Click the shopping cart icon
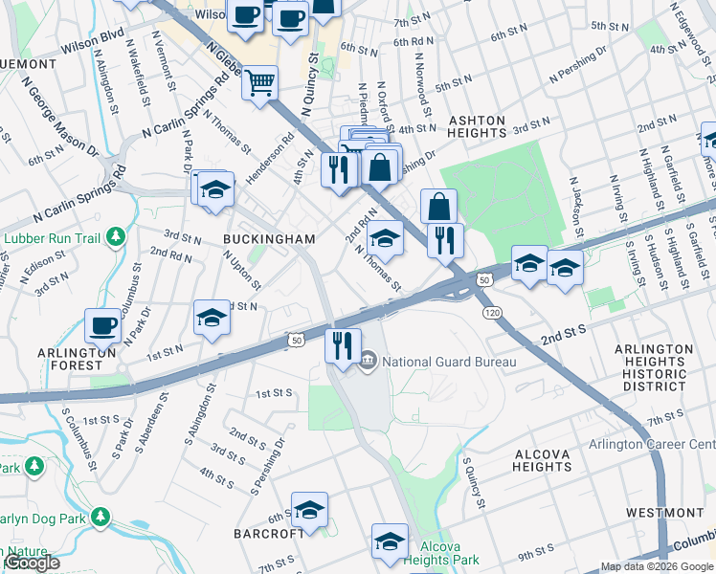259,83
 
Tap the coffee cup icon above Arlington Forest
102,325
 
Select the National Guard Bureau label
449,362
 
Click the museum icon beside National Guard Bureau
369,362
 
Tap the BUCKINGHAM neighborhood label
269,238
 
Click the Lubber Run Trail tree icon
115,235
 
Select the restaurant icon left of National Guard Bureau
343,344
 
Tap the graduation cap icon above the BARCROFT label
309,510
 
